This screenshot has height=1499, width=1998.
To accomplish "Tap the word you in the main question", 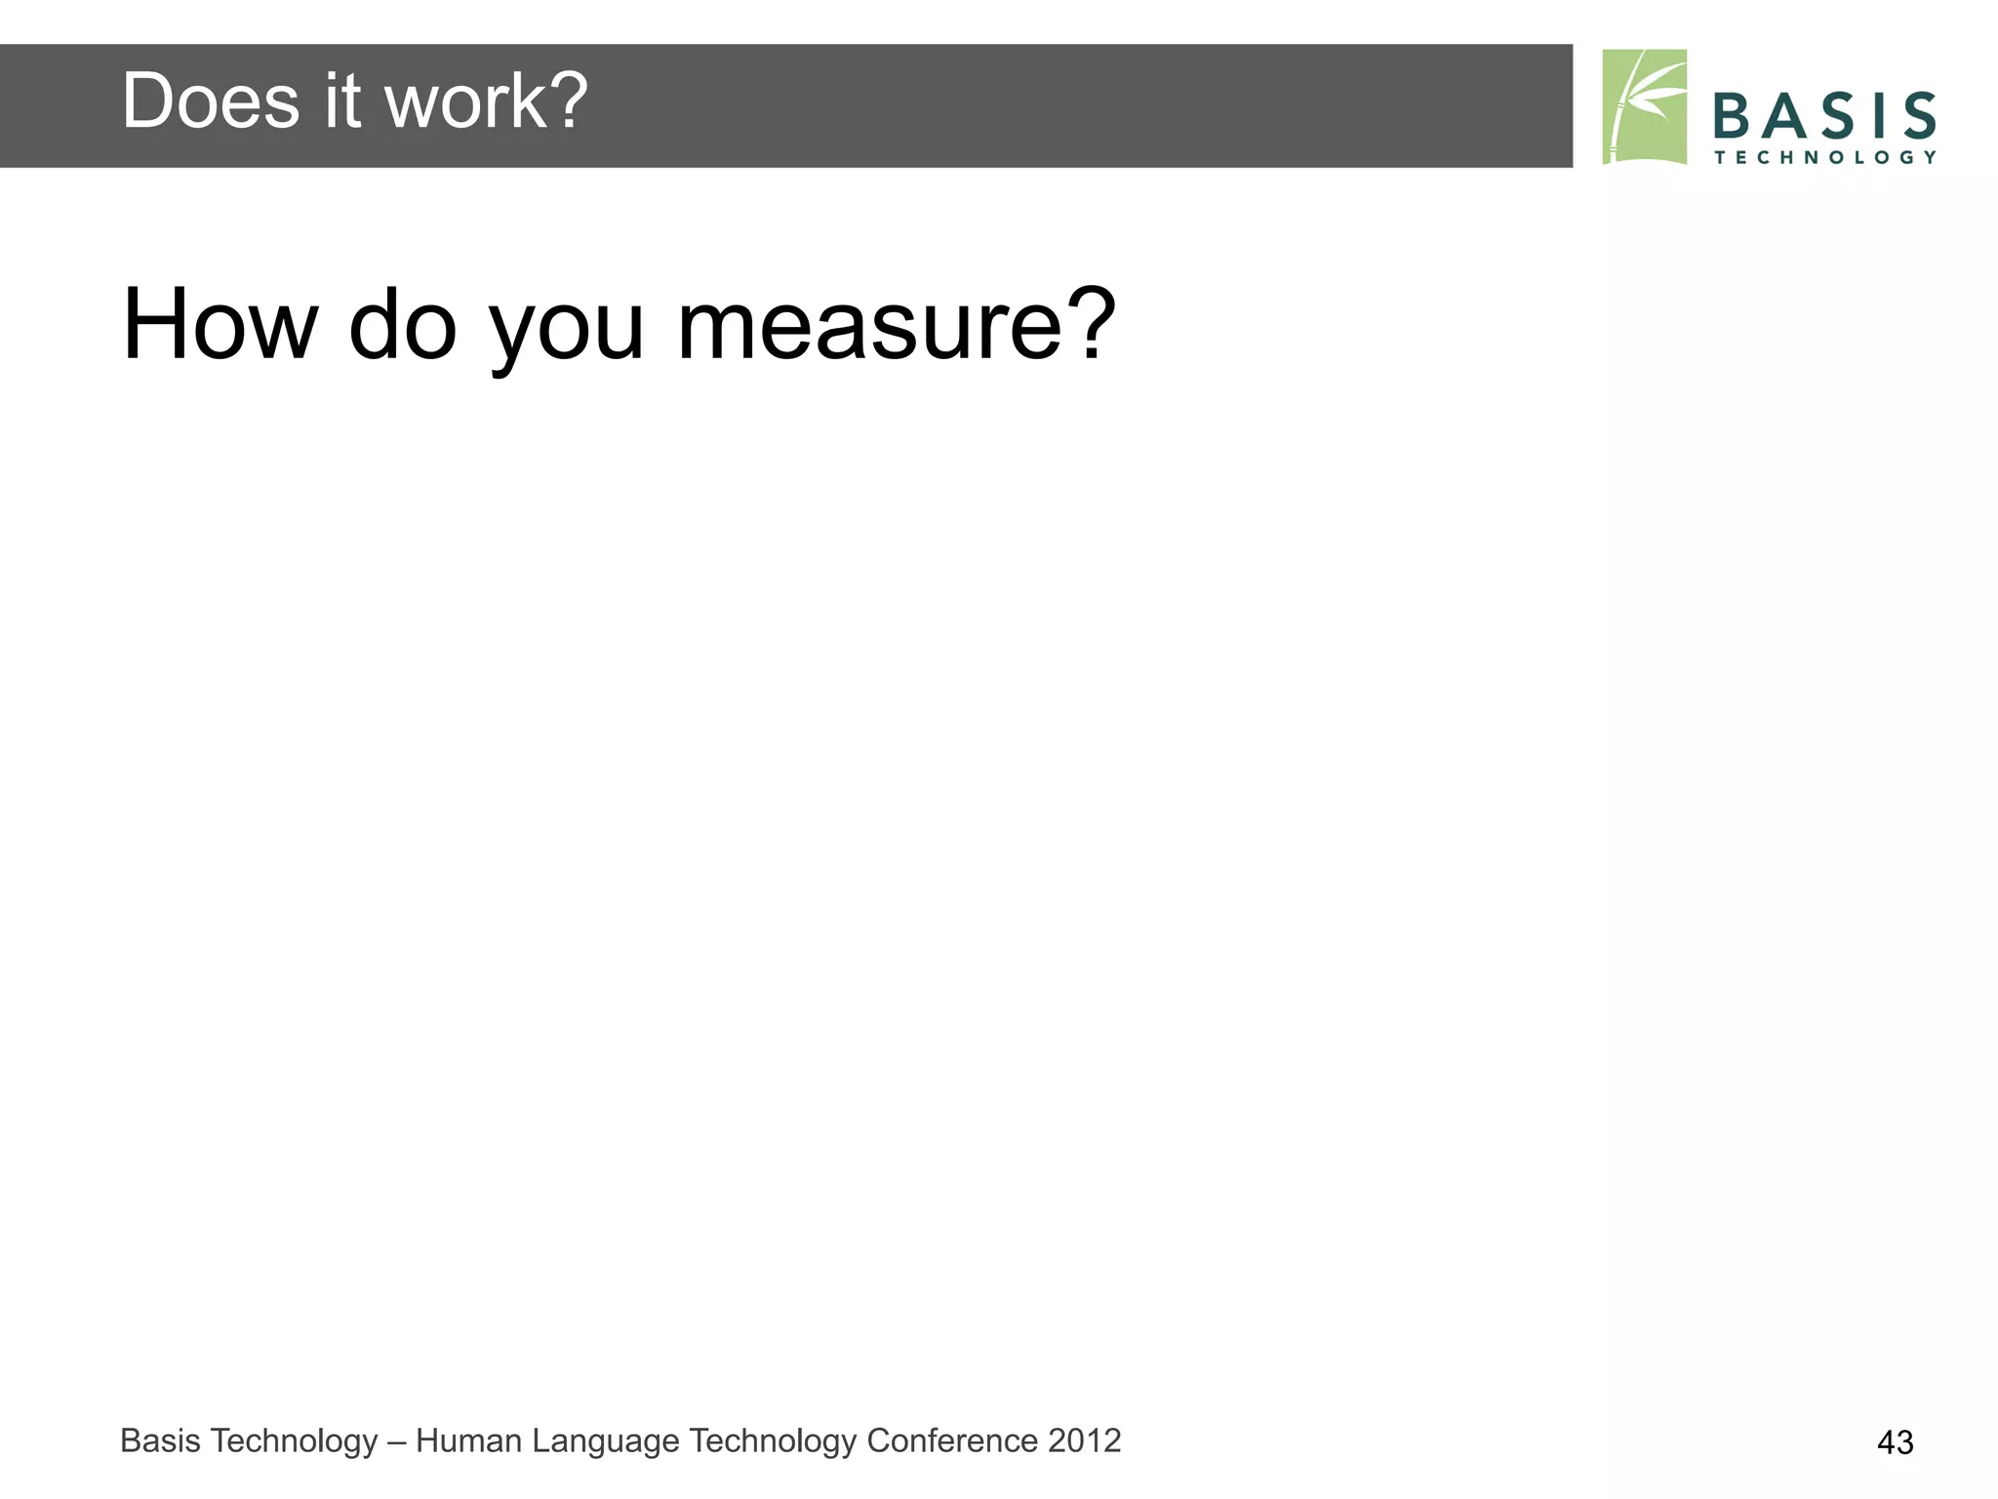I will (x=566, y=332).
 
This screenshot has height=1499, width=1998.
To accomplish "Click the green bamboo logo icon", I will (x=1644, y=106).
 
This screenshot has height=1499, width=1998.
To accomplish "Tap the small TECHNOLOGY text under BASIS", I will (x=1824, y=157).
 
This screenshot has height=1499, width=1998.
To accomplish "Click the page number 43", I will (x=1895, y=1442).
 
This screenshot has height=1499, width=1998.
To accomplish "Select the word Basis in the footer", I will (x=159, y=1440).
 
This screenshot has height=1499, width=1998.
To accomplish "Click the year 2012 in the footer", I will (x=1085, y=1440).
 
